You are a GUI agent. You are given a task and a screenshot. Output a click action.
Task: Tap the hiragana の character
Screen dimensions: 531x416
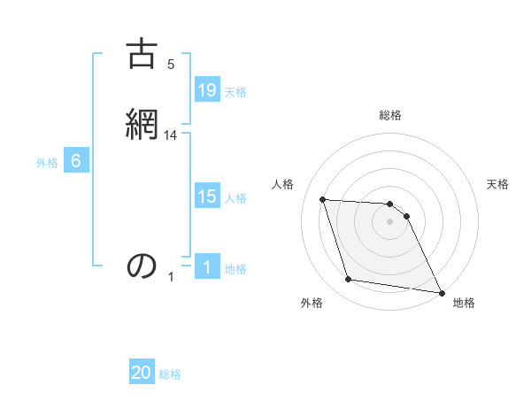(142, 266)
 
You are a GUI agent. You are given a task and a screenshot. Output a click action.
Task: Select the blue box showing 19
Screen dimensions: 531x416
(207, 90)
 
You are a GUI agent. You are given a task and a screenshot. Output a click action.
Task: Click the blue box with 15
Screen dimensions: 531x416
(207, 197)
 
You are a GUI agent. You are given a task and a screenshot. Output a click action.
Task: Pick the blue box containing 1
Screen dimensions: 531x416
(207, 267)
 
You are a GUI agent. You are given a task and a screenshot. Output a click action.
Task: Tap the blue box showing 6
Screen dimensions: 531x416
(76, 162)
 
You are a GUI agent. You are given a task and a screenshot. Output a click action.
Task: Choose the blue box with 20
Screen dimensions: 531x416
(142, 374)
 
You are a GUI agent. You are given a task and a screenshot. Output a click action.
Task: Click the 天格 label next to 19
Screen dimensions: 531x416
(235, 92)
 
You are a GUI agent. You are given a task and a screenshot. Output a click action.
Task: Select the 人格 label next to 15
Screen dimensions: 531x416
(235, 198)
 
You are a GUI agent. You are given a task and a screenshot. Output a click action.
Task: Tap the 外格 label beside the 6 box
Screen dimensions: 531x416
(47, 163)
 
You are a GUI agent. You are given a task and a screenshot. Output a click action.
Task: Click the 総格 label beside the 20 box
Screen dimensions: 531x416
(170, 374)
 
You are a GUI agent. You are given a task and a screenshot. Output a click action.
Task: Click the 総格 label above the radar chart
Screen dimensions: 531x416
(390, 116)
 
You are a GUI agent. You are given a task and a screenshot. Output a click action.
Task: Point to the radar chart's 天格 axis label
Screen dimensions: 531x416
(498, 184)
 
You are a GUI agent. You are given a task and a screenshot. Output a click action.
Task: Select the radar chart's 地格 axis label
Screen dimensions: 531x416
(464, 303)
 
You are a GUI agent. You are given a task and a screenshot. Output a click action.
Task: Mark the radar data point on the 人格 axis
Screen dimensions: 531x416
(323, 199)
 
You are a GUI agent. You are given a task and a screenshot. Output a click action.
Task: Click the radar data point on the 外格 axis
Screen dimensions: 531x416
(349, 280)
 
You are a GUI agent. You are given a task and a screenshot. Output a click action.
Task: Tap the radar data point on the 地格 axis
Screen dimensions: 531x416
(441, 291)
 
